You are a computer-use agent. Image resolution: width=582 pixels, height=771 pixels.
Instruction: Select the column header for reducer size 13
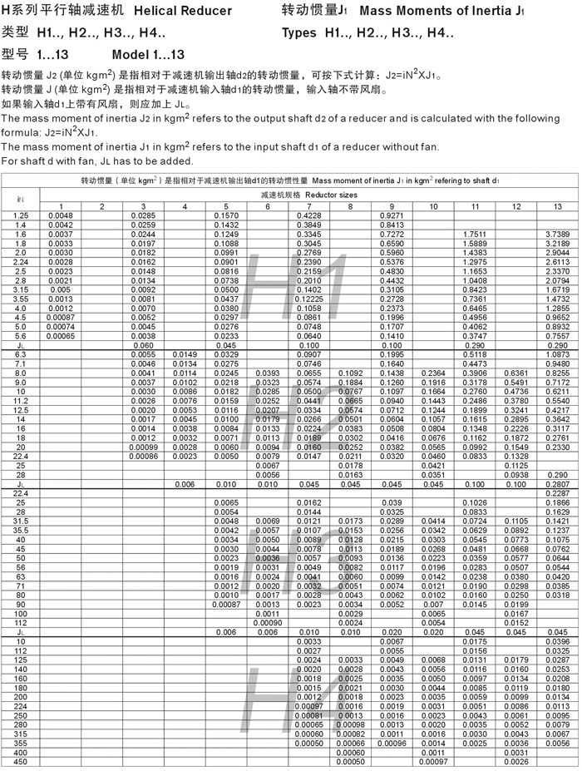(x=556, y=206)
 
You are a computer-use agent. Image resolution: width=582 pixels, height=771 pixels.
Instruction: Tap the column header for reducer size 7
(x=308, y=206)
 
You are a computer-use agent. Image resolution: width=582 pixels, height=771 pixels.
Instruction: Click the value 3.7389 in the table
(x=557, y=234)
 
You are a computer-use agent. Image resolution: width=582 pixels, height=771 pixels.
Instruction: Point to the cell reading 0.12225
(x=309, y=299)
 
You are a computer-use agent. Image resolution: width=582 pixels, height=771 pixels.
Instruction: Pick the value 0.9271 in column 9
(x=392, y=215)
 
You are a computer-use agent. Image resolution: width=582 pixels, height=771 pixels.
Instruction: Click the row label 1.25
(x=21, y=215)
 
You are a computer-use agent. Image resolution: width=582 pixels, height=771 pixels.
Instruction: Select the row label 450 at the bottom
(x=21, y=761)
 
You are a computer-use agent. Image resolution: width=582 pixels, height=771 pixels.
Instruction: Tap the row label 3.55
(x=21, y=299)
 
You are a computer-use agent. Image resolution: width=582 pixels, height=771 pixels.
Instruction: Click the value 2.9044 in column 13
(x=557, y=252)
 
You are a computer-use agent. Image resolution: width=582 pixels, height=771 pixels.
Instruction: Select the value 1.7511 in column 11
(x=474, y=234)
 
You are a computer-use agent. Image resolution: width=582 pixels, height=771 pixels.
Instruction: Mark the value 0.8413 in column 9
(x=392, y=225)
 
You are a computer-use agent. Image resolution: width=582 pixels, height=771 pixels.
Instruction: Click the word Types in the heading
(x=299, y=33)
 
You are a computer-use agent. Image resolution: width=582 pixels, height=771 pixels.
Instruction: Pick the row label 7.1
(x=21, y=363)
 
